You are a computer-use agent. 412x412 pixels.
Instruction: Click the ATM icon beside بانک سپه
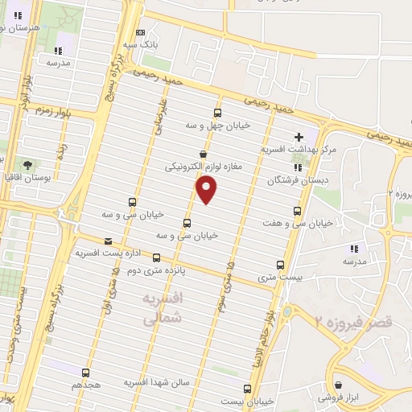141,32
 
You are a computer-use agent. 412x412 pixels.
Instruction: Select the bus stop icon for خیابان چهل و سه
217,113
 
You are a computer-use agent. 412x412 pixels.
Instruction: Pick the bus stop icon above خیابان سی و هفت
297,211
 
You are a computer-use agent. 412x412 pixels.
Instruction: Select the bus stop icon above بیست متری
280,264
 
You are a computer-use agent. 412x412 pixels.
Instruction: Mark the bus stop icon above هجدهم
86,373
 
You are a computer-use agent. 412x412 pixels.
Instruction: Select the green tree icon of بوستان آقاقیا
28,164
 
